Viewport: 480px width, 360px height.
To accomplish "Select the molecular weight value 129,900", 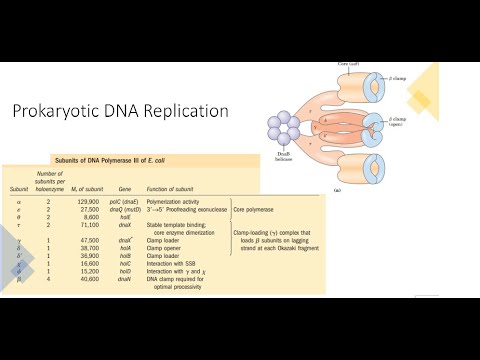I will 119,201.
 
